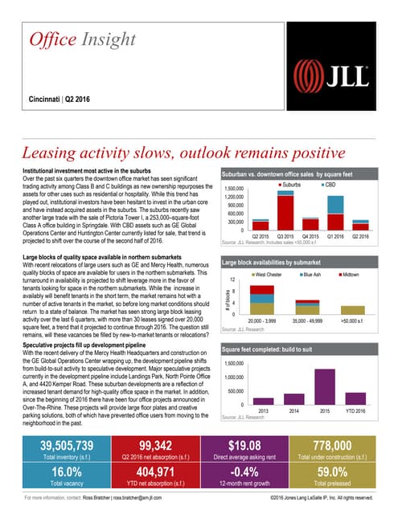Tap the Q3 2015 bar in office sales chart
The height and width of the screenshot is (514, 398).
click(285, 207)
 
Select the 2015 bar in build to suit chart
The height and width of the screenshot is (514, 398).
click(325, 385)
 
